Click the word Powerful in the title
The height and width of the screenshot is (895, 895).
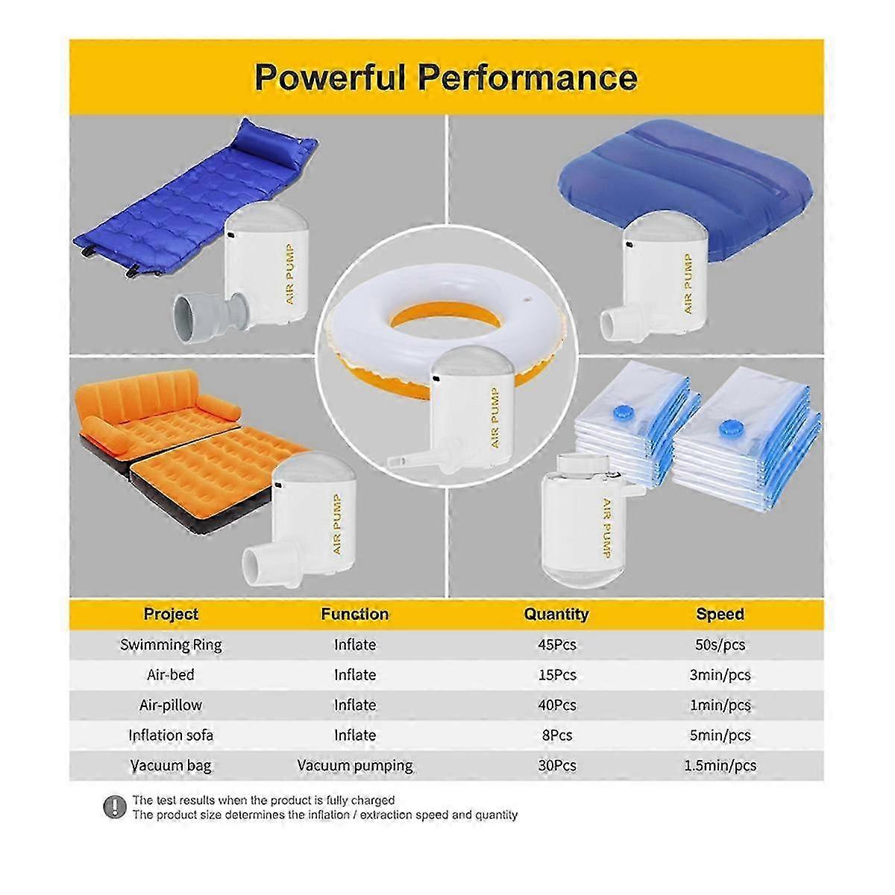[x=330, y=78]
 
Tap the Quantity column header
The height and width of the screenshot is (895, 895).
[x=556, y=614]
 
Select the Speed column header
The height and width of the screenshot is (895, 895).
[x=720, y=614]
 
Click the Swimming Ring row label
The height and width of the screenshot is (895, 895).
[x=171, y=645]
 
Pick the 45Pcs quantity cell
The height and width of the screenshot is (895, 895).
[x=557, y=644]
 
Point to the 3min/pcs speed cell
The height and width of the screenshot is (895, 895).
[x=720, y=675]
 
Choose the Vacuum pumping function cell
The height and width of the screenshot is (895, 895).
[x=355, y=766]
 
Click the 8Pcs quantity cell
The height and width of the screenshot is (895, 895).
[x=557, y=735]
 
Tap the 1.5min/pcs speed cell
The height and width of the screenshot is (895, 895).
[x=720, y=765]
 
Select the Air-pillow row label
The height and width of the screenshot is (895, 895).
[x=171, y=705]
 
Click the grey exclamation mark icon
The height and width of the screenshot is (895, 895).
[x=114, y=807]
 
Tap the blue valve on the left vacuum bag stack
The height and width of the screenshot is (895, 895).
[x=624, y=411]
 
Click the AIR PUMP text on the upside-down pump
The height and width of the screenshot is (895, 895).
[x=606, y=527]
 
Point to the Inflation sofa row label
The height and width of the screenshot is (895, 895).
[x=171, y=735]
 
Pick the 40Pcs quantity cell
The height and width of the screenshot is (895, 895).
[x=557, y=705]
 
